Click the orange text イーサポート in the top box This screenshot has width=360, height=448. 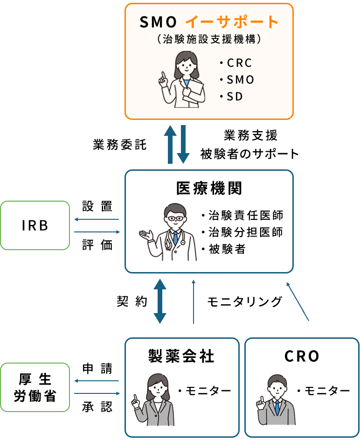(232, 21)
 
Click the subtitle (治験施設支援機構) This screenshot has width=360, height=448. (209, 40)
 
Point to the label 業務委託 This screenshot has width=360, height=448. (120, 145)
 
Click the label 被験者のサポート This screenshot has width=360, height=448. (249, 154)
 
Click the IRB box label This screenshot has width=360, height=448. (35, 225)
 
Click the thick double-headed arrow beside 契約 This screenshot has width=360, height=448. (160, 301)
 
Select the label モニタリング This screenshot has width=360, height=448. (245, 302)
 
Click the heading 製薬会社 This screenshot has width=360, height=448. (181, 357)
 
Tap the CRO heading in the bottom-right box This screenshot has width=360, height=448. (302, 357)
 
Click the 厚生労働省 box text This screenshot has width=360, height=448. (35, 387)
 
